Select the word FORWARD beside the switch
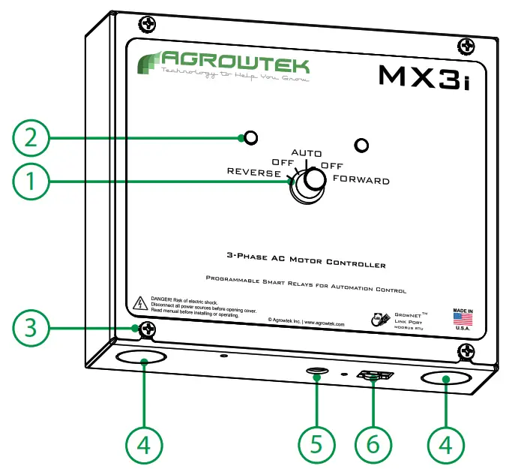[x=361, y=181]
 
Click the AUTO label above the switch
[x=306, y=153]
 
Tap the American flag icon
[x=463, y=319]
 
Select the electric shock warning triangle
[x=139, y=304]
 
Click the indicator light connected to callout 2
[x=252, y=137]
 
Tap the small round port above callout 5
[x=318, y=371]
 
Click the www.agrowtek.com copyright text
[x=306, y=320]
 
